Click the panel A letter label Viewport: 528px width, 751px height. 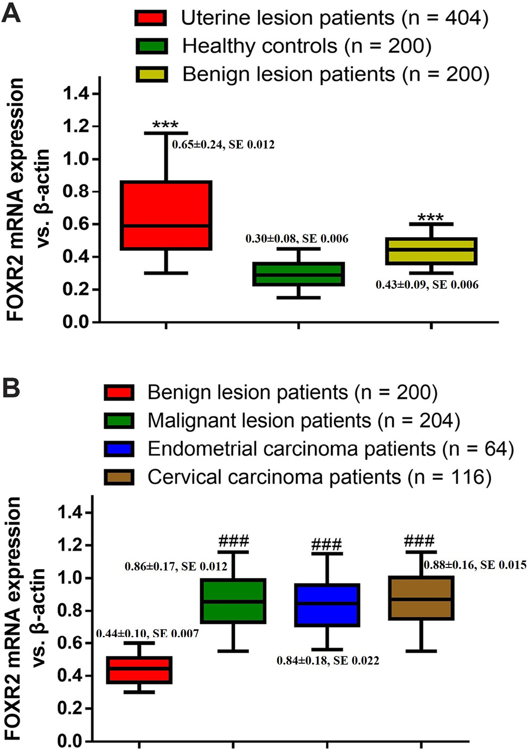(11, 13)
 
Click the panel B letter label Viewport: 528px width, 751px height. (11, 388)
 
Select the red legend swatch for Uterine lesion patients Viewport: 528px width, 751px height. (151, 18)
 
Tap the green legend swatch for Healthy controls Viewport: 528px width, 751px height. (151, 46)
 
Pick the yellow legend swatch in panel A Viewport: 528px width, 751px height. (151, 74)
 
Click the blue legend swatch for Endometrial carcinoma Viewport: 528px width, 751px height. (119, 449)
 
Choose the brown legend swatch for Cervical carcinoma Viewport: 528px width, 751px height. (119, 477)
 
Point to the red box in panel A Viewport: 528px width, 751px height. (166, 215)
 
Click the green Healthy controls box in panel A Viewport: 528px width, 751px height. (299, 274)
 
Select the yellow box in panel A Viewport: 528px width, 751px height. (431, 251)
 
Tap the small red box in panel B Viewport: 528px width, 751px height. (139, 670)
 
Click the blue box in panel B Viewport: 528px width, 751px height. (327, 605)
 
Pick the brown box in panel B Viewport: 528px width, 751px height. (421, 598)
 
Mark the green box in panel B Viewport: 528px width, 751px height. (233, 600)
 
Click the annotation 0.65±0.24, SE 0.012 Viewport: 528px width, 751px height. (223, 145)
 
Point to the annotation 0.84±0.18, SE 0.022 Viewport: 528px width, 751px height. (328, 661)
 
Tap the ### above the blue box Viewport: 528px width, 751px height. (326, 545)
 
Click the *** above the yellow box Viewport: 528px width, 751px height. (431, 218)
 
